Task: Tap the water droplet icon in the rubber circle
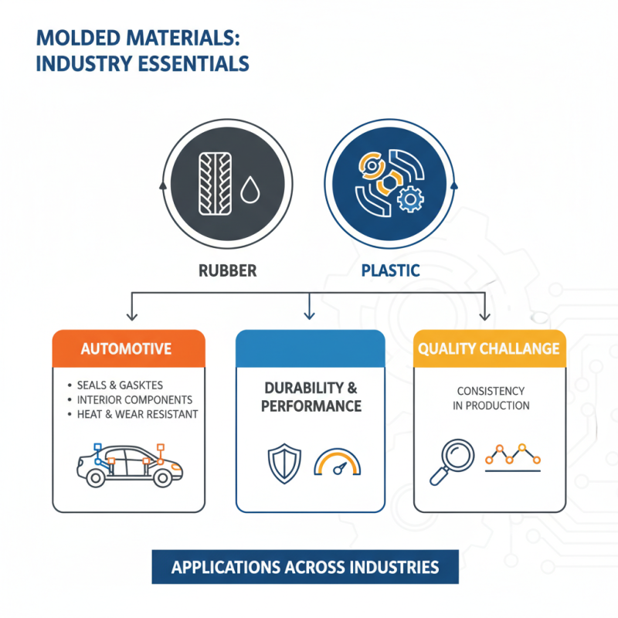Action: [250, 190]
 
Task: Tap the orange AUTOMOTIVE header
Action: [128, 348]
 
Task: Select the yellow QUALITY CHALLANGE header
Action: [489, 348]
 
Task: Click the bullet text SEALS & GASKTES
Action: [125, 385]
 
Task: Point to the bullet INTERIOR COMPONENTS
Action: [134, 399]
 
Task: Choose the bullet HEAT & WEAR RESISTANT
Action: [138, 414]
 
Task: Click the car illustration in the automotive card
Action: [129, 465]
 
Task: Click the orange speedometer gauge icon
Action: [338, 463]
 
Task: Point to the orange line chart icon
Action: [513, 457]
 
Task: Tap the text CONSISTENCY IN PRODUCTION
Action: [491, 399]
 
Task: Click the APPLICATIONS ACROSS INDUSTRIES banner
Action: [305, 567]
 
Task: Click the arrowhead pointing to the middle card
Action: [310, 316]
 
